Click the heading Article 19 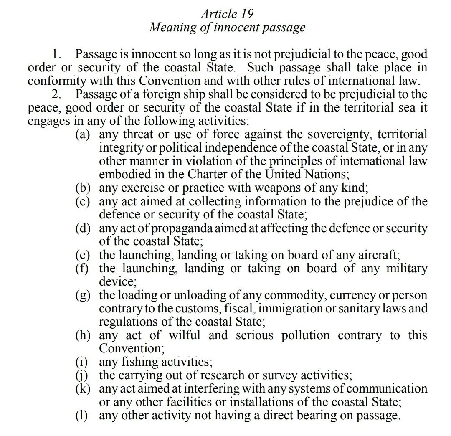(x=227, y=13)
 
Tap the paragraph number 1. (x=57, y=54)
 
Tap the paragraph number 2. (x=57, y=94)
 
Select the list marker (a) (x=83, y=134)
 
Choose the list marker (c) (x=83, y=201)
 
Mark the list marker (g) (x=83, y=295)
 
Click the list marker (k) (x=83, y=388)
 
